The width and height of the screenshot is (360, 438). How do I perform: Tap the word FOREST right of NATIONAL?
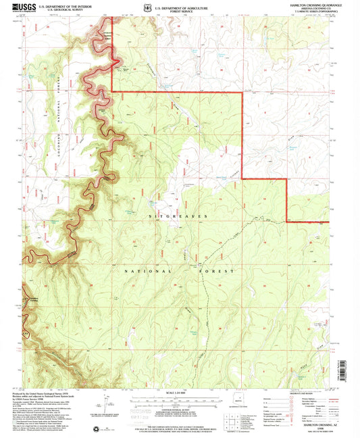click(x=220, y=270)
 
